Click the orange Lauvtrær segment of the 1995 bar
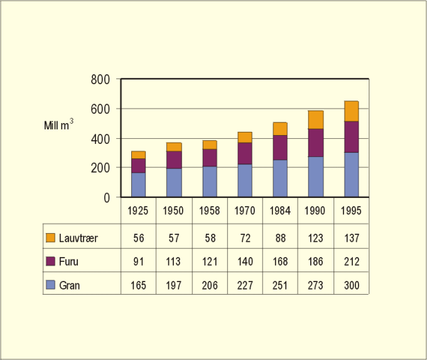point(351,111)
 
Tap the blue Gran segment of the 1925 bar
point(138,185)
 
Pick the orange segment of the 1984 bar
point(280,129)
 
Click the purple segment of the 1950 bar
point(173,160)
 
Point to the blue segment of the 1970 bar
point(245,180)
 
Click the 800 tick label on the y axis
point(100,80)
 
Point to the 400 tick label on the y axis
point(100,138)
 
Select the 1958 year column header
point(209,211)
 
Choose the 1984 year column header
point(280,211)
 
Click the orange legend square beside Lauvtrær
point(51,237)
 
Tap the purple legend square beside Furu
point(51,261)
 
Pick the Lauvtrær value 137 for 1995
point(351,237)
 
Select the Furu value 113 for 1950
point(173,261)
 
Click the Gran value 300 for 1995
point(351,285)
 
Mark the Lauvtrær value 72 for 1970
point(245,237)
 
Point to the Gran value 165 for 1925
point(138,285)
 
